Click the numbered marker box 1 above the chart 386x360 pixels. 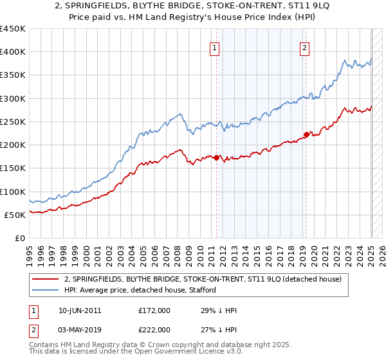click(x=214, y=46)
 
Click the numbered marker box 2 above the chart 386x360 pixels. click(x=304, y=46)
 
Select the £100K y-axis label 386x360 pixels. click(x=13, y=192)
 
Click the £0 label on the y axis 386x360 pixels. click(x=20, y=238)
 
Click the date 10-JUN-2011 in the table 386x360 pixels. click(x=79, y=310)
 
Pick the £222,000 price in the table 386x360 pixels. click(x=154, y=329)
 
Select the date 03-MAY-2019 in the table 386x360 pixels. click(x=79, y=329)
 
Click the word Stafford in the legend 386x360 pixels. click(x=202, y=291)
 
